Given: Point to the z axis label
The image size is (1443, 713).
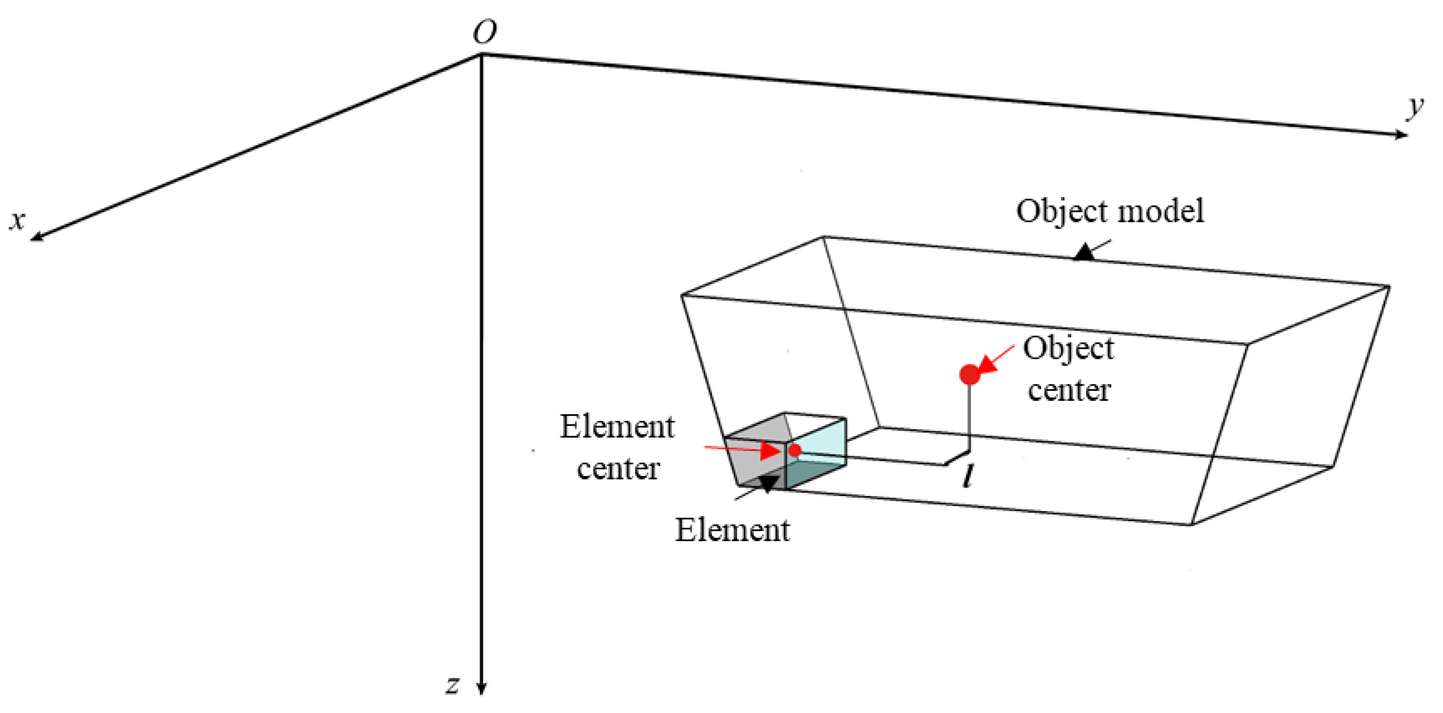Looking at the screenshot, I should [x=453, y=684].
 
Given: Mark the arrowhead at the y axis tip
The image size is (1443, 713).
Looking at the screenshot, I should [x=1400, y=134].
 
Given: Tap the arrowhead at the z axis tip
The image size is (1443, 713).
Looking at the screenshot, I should [x=481, y=688].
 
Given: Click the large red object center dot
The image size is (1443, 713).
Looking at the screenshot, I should [x=970, y=374].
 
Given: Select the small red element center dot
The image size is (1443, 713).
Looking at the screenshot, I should [x=794, y=450].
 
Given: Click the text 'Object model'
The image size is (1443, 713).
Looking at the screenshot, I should [x=1110, y=212].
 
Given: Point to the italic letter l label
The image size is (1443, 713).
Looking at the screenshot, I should [x=967, y=477].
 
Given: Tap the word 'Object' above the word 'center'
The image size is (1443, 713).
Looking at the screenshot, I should [x=1068, y=349].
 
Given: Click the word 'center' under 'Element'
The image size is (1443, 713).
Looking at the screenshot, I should [x=618, y=469].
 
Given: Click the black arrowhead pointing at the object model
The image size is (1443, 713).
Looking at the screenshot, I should [x=1085, y=252].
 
